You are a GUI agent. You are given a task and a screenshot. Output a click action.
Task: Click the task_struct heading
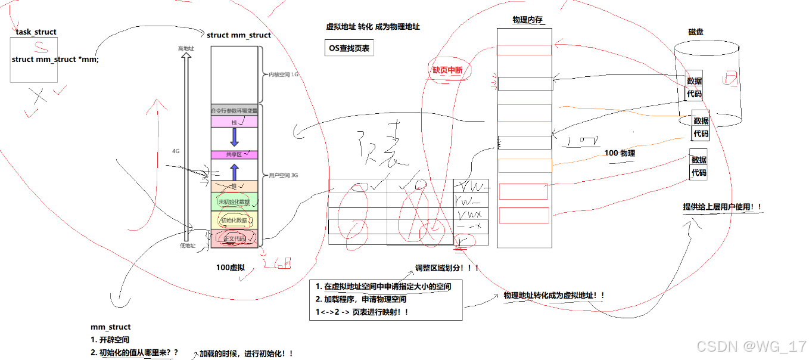37,32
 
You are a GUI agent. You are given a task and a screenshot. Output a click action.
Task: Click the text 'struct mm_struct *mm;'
55,60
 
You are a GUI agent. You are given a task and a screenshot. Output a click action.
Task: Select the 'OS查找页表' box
349,48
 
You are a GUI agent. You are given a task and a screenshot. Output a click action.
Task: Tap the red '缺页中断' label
447,70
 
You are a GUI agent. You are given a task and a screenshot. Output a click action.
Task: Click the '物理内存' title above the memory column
527,20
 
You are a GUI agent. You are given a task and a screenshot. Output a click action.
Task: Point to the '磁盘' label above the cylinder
695,32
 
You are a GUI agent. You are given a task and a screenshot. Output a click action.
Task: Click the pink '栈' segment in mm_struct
234,122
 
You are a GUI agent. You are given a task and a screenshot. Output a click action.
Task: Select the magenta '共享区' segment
234,155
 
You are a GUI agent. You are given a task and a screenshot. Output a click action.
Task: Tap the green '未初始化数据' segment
234,202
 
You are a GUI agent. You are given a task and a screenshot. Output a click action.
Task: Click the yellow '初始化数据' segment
234,220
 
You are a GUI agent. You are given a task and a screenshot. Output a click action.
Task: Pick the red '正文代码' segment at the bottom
234,238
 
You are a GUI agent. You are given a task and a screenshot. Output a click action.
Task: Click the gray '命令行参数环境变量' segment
234,110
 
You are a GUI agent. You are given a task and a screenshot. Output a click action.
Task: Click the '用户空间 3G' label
284,176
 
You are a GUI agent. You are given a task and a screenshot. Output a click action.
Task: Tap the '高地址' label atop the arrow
186,48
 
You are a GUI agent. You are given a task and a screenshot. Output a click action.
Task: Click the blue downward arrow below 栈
234,137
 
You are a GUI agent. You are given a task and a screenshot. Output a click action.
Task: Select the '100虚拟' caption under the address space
231,268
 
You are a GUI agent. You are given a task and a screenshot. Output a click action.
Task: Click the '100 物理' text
620,153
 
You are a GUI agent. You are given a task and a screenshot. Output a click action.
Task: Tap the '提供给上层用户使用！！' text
722,207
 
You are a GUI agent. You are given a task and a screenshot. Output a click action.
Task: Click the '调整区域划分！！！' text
447,268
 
